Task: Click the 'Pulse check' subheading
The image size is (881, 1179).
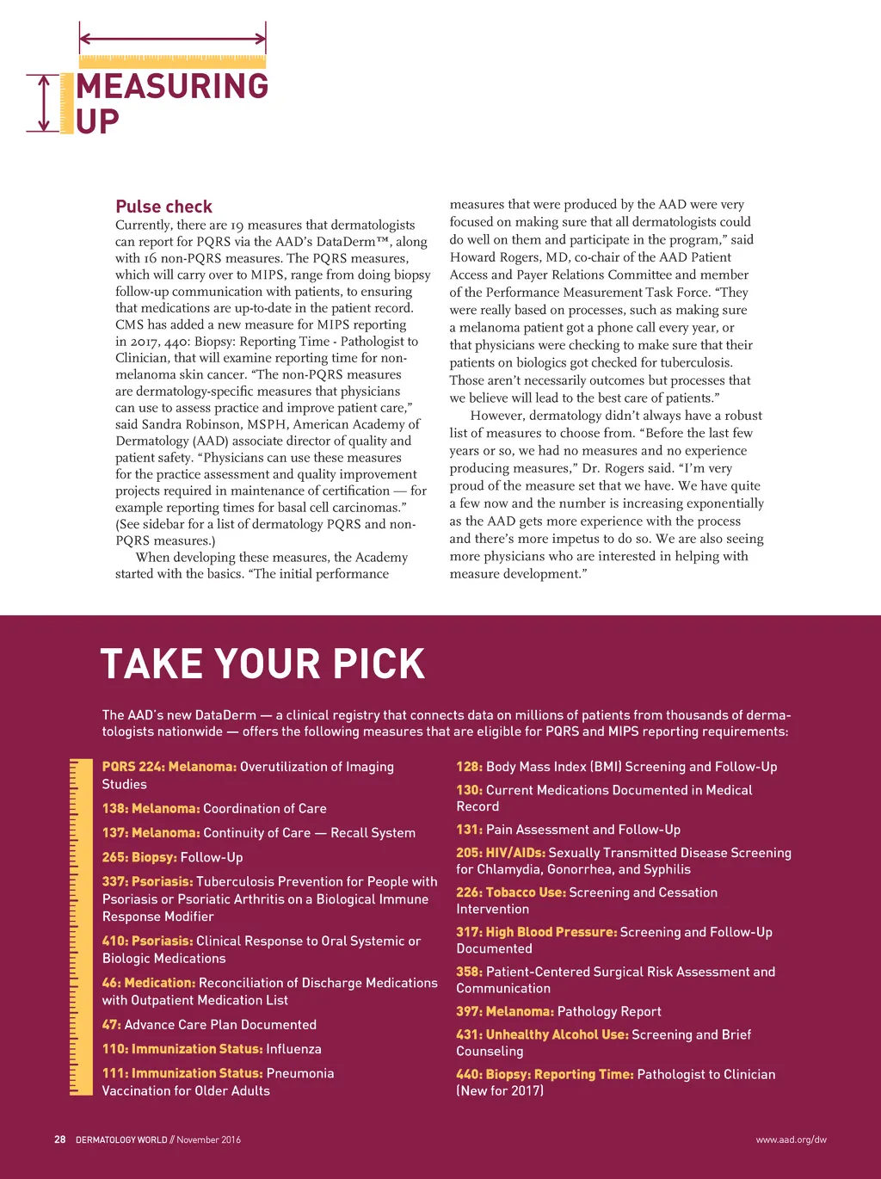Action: pyautogui.click(x=163, y=207)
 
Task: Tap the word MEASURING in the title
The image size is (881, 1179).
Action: pyautogui.click(x=172, y=86)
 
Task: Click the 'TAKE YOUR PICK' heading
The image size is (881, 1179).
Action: pyautogui.click(x=262, y=664)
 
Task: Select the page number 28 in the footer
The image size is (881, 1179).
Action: pyautogui.click(x=59, y=1139)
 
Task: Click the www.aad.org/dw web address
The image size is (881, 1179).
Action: pyautogui.click(x=791, y=1139)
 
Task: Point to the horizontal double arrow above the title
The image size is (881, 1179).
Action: pyautogui.click(x=172, y=38)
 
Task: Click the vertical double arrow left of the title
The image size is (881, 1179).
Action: pyautogui.click(x=43, y=103)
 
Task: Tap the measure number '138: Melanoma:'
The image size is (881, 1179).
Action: pyautogui.click(x=151, y=809)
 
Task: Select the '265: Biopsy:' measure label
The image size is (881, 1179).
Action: pyautogui.click(x=139, y=857)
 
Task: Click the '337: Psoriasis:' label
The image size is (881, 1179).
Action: pyautogui.click(x=147, y=881)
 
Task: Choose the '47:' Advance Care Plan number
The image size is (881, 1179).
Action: pyautogui.click(x=111, y=1025)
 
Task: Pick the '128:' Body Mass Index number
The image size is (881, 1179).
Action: pyautogui.click(x=469, y=767)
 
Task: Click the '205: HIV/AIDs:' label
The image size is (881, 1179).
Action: pyautogui.click(x=501, y=853)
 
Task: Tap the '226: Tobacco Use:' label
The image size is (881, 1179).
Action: pyautogui.click(x=511, y=892)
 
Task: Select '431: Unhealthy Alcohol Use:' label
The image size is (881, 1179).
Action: pyautogui.click(x=542, y=1034)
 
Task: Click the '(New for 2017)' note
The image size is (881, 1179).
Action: pyautogui.click(x=500, y=1091)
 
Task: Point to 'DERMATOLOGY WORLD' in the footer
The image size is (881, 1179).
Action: pyautogui.click(x=121, y=1139)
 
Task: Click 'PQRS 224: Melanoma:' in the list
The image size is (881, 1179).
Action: pyautogui.click(x=169, y=767)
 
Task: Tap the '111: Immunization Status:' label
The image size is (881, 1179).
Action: pyautogui.click(x=182, y=1073)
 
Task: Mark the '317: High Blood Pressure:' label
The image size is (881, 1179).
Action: pyautogui.click(x=536, y=932)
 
